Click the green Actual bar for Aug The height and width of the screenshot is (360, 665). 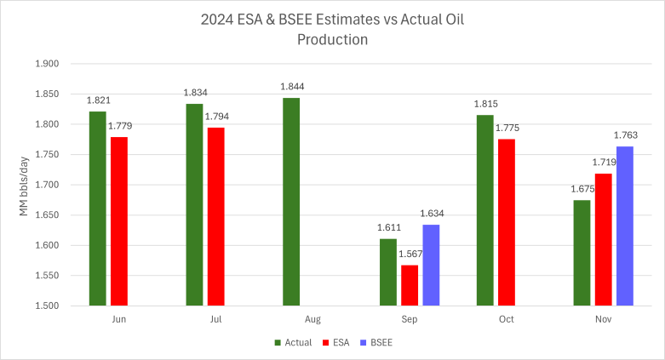[291, 202]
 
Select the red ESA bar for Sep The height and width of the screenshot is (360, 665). [410, 285]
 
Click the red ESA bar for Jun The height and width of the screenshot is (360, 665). [118, 220]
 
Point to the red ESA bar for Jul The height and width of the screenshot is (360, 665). [215, 216]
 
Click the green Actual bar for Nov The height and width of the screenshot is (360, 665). [582, 252]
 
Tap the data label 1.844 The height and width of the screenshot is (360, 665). [291, 87]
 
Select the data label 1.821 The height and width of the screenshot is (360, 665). [99, 100]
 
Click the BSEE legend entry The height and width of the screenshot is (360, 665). [378, 342]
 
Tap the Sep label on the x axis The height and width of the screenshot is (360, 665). [410, 319]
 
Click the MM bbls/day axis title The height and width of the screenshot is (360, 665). [25, 185]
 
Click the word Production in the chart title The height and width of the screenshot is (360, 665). [332, 39]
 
